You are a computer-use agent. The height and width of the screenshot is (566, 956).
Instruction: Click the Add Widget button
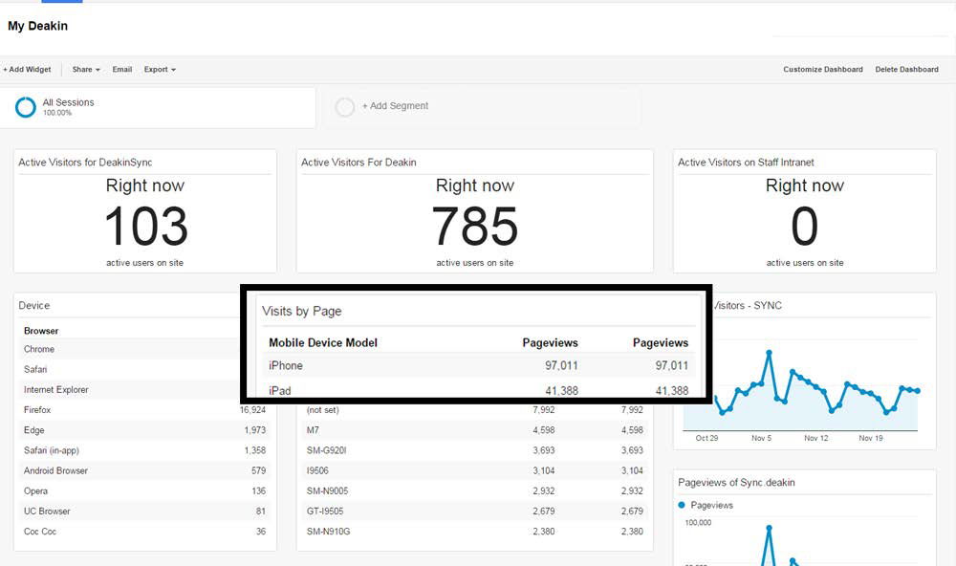(x=27, y=70)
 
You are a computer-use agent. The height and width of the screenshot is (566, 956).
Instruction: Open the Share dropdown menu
(x=86, y=70)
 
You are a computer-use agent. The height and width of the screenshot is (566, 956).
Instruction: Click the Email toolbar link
(x=122, y=70)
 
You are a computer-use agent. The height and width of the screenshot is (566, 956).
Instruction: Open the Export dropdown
(x=160, y=70)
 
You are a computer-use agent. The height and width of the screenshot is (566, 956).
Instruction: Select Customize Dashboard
(x=823, y=70)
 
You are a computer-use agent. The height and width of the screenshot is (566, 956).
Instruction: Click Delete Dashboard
(x=906, y=70)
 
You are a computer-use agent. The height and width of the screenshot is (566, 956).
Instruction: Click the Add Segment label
(x=395, y=106)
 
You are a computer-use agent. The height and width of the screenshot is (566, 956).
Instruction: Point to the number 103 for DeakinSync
(x=145, y=227)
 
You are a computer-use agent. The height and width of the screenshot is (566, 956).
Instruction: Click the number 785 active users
(x=475, y=227)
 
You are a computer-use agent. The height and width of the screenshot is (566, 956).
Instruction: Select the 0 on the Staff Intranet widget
(x=805, y=227)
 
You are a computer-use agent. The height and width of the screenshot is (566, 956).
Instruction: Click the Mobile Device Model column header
(x=323, y=343)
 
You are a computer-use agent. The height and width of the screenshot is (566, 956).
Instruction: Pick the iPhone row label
(x=285, y=365)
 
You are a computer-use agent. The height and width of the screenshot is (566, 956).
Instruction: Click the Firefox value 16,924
(x=252, y=410)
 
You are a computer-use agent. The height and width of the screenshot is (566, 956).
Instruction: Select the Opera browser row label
(x=35, y=491)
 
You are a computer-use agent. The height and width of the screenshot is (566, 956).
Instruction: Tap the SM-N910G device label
(x=328, y=532)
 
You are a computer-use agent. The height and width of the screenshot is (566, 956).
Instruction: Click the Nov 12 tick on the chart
(x=815, y=438)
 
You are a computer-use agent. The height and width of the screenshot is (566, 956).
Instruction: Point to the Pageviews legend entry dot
(x=682, y=505)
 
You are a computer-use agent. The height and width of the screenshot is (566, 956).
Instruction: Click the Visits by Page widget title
(x=302, y=311)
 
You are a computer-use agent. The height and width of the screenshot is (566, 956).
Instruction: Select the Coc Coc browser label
(x=39, y=532)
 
